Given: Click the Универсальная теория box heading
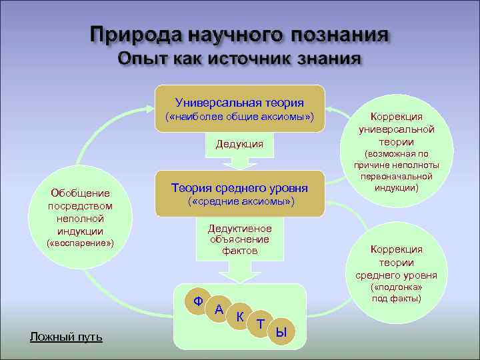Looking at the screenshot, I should point(239,103).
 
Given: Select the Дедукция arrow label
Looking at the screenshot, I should point(239,144).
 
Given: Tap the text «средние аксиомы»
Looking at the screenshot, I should point(239,201).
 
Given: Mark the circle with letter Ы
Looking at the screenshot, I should point(282,331).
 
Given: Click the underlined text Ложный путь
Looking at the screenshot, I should point(67,337).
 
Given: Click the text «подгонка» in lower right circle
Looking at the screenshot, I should point(397,287).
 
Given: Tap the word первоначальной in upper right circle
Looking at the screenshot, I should point(397,177).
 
